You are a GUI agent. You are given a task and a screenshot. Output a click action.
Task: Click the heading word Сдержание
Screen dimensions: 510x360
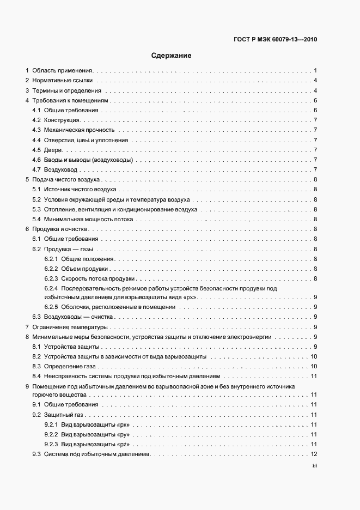172,55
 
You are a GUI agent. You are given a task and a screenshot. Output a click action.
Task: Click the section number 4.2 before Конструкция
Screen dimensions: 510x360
36,120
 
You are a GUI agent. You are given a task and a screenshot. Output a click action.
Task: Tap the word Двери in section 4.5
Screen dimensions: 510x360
53,150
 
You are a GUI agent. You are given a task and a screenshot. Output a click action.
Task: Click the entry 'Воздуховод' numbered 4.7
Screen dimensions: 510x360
62,169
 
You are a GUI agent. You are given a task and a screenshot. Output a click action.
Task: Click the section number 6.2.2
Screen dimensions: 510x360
51,269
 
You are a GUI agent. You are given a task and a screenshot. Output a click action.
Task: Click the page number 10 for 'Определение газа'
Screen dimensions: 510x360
314,366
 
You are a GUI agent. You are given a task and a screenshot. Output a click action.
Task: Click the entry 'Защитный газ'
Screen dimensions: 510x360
63,415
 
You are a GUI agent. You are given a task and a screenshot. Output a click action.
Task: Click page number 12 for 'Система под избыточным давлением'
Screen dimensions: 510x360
314,454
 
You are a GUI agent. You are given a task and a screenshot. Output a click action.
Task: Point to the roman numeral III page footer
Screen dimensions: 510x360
315,466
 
